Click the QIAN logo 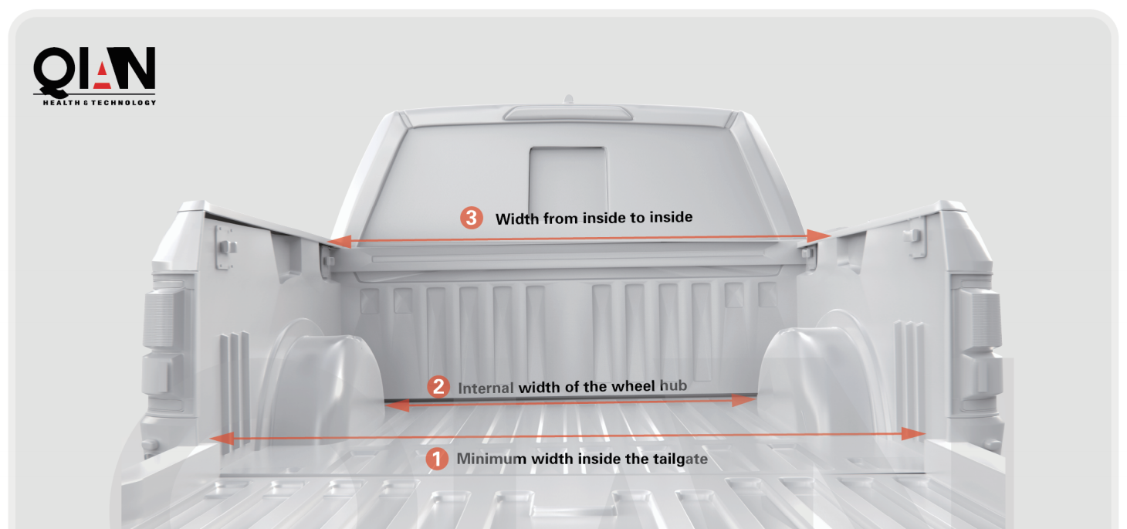click(95, 76)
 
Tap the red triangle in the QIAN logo click(102, 76)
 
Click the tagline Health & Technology click(100, 103)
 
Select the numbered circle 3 click(472, 218)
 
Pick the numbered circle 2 click(438, 387)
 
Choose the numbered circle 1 click(437, 459)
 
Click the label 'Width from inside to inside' click(594, 218)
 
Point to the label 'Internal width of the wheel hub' click(573, 387)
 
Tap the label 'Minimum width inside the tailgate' click(582, 459)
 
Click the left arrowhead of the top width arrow click(340, 242)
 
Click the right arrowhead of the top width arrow click(818, 236)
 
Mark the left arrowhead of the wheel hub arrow click(398, 405)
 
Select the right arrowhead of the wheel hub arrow click(744, 401)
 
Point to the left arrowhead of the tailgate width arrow click(222, 439)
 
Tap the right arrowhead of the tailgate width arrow click(913, 434)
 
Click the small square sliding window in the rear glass click(568, 178)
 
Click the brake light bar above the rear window click(567, 113)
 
